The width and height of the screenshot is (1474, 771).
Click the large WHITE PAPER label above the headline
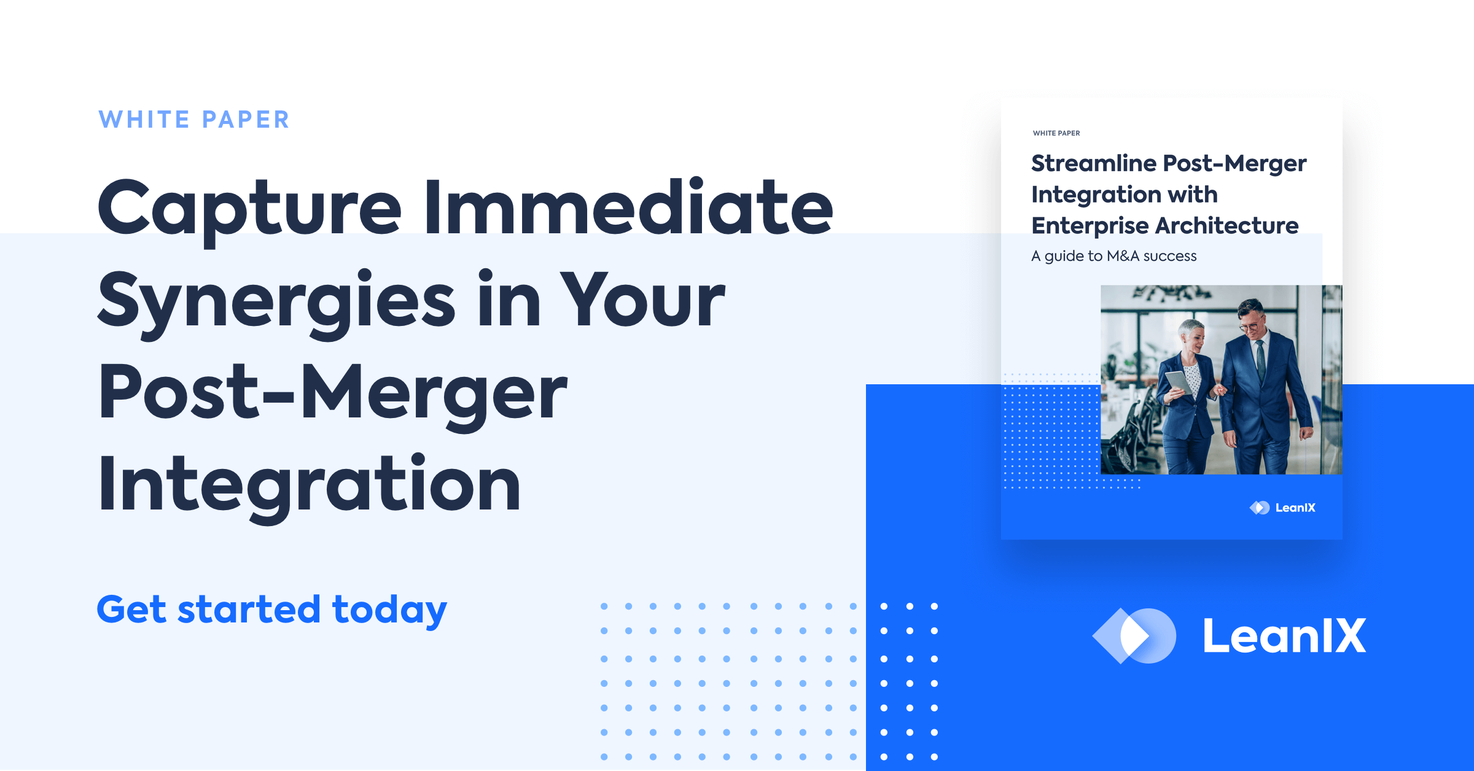pos(194,120)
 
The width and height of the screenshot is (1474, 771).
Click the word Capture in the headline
pos(249,209)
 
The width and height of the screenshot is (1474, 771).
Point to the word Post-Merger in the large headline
pos(332,393)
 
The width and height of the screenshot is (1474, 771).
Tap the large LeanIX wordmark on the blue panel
pos(1284,636)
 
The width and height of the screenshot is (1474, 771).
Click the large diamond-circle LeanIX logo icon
pos(1134,636)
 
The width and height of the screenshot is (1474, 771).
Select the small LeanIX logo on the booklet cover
pos(1282,508)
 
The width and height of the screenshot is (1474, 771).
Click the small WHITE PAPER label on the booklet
pos(1056,133)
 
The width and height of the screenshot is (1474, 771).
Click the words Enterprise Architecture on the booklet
pos(1164,226)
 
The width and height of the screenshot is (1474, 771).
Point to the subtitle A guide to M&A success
pos(1113,256)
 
